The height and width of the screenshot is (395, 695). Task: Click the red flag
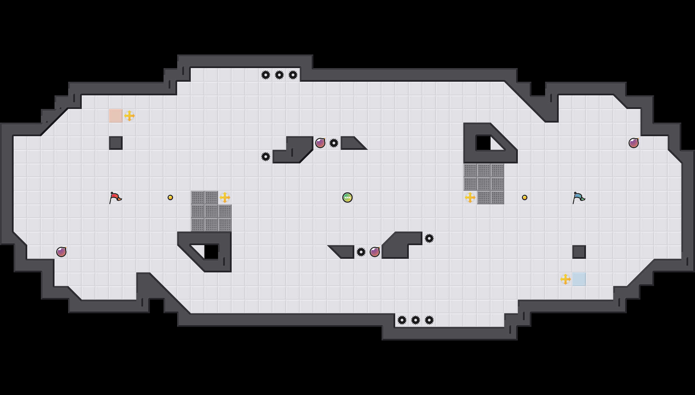[115, 197]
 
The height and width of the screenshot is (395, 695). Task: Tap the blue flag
[578, 197]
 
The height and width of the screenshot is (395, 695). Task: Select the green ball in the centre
[347, 197]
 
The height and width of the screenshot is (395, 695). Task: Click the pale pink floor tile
[116, 116]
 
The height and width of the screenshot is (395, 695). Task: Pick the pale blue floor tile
[579, 279]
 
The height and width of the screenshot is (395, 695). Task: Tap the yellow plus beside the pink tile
[129, 116]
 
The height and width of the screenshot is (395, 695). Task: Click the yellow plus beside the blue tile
[566, 279]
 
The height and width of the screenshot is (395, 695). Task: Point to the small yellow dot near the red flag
[170, 197]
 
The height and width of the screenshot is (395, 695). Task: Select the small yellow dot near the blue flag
[525, 197]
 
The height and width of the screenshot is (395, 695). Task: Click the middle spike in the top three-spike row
[279, 75]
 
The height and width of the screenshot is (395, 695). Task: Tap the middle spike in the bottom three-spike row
[416, 320]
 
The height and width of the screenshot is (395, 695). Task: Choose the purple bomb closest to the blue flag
[634, 143]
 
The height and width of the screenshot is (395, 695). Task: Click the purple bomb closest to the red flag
[61, 252]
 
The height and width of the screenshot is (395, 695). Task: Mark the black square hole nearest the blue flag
[483, 143]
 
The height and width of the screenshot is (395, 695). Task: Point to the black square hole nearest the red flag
[211, 252]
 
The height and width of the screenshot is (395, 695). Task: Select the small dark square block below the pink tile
[116, 143]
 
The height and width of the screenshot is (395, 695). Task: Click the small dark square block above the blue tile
[579, 252]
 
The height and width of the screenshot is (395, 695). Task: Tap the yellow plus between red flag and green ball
[225, 197]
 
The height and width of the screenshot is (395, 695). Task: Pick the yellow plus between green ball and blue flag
[470, 197]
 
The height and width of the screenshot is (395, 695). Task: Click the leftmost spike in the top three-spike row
[266, 75]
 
